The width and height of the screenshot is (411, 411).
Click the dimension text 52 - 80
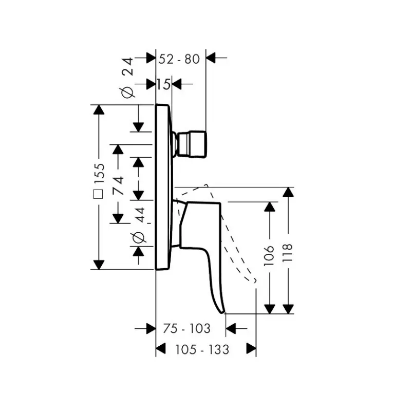pos(179,59)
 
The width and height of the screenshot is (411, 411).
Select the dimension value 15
pos(164,84)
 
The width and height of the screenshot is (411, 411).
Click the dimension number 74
pos(118,185)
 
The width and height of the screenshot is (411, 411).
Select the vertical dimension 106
pos(269,255)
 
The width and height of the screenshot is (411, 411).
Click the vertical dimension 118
pos(287,252)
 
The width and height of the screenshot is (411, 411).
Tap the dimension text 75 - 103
pos(186,328)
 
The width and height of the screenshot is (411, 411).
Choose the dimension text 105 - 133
pos(202,349)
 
